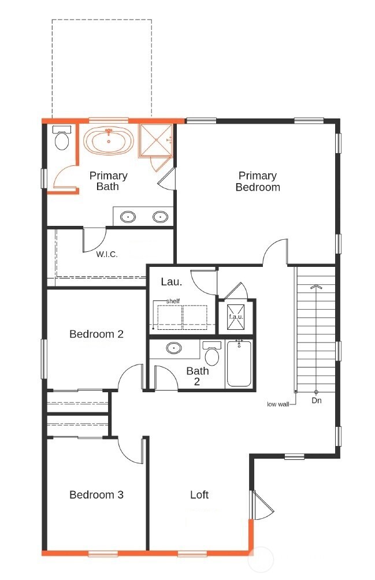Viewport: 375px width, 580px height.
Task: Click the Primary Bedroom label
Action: pos(258,181)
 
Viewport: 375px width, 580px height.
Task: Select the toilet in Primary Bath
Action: pos(61,138)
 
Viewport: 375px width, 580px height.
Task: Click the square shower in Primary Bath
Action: pos(155,140)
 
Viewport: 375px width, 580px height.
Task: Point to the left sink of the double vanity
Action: pos(128,217)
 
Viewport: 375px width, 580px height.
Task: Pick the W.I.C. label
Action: pos(107,254)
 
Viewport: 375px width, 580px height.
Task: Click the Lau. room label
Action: pos(171,282)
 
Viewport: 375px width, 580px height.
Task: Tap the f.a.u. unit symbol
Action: pos(235,317)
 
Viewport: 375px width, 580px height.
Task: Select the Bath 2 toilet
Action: pos(212,354)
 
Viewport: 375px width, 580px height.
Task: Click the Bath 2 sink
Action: pos(174,348)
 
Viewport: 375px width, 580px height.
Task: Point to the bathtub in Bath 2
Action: pos(239,363)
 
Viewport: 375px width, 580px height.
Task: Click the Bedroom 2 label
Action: pos(96,334)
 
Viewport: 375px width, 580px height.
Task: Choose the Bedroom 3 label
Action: pos(96,495)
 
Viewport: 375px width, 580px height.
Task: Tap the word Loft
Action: pos(199,495)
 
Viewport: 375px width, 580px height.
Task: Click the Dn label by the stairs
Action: pos(317,400)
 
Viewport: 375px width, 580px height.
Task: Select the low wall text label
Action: pos(277,404)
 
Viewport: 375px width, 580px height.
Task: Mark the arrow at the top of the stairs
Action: pos(315,286)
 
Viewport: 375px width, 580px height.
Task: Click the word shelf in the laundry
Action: pos(173,302)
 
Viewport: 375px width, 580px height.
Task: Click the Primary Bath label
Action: pos(108,181)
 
